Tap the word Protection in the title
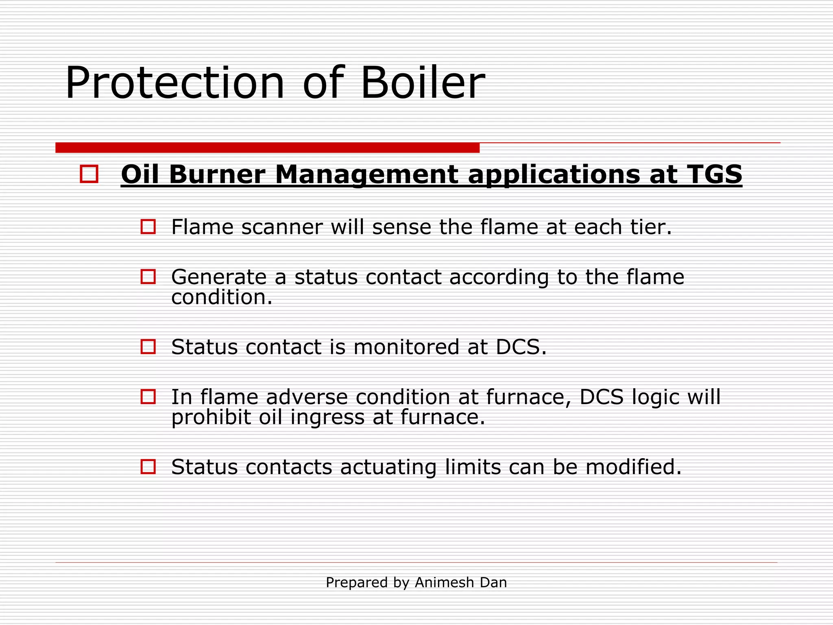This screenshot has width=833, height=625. coord(175,83)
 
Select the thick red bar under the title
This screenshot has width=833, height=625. coord(267,148)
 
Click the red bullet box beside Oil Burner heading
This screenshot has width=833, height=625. coord(89,174)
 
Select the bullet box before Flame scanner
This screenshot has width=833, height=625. coord(148,227)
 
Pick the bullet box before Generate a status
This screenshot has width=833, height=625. coord(148,277)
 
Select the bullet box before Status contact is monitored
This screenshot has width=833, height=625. coord(148,347)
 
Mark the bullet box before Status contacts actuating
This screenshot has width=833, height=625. coord(148,467)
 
